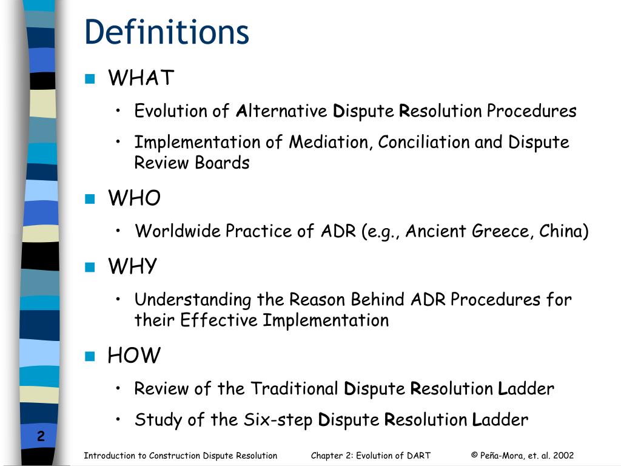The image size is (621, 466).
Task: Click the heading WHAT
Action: pyautogui.click(x=141, y=78)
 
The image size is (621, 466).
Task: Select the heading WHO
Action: pyautogui.click(x=134, y=198)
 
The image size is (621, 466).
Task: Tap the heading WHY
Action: pyautogui.click(x=132, y=266)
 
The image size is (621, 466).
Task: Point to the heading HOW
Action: pyautogui.click(x=134, y=356)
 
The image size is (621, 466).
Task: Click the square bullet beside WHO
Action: pyautogui.click(x=90, y=198)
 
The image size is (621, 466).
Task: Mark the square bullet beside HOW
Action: pyautogui.click(x=90, y=356)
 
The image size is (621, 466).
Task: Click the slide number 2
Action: pyautogui.click(x=41, y=436)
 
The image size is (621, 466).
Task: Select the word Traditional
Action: pyautogui.click(x=295, y=388)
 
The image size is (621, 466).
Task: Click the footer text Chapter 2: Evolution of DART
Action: pyautogui.click(x=371, y=456)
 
